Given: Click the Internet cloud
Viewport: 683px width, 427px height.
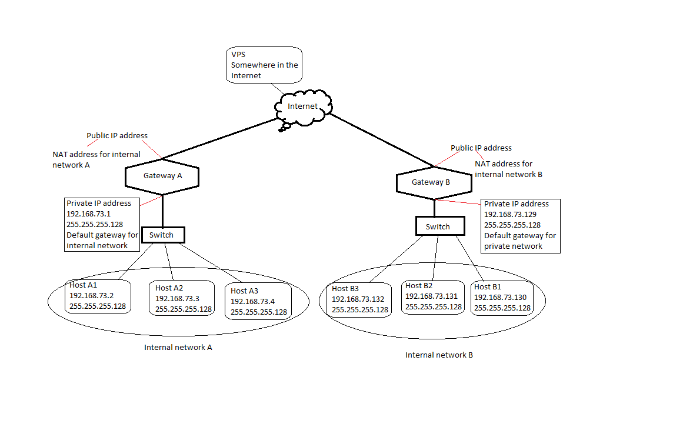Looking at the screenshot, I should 303,106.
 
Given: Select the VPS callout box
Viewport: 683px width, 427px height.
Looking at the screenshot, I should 264,65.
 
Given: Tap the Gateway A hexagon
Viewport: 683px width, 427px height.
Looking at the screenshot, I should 162,176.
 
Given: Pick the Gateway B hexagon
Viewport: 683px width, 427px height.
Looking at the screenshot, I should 435,182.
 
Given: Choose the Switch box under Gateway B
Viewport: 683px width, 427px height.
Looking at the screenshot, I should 438,226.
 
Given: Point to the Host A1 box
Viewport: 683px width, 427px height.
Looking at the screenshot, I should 98,296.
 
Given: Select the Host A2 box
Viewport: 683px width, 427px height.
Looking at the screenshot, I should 183,298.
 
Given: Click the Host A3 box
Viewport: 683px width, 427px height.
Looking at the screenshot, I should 258,302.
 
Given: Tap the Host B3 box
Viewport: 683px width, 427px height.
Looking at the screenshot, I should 359,299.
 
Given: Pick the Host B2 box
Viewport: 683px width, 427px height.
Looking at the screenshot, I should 434,296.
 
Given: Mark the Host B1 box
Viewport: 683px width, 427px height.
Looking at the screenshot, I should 502,298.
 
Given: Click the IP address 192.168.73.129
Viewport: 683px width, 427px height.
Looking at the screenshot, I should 510,215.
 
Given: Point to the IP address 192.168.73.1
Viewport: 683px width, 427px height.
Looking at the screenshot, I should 88,214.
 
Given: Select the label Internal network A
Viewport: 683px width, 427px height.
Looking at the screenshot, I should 178,348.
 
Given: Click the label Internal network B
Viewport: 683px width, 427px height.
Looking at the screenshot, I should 439,355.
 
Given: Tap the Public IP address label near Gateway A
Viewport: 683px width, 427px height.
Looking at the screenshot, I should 117,136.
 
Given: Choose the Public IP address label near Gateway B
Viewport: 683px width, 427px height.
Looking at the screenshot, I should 481,148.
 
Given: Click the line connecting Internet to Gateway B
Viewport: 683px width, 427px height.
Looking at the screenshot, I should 382,140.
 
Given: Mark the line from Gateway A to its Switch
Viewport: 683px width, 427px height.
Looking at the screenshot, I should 162,211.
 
